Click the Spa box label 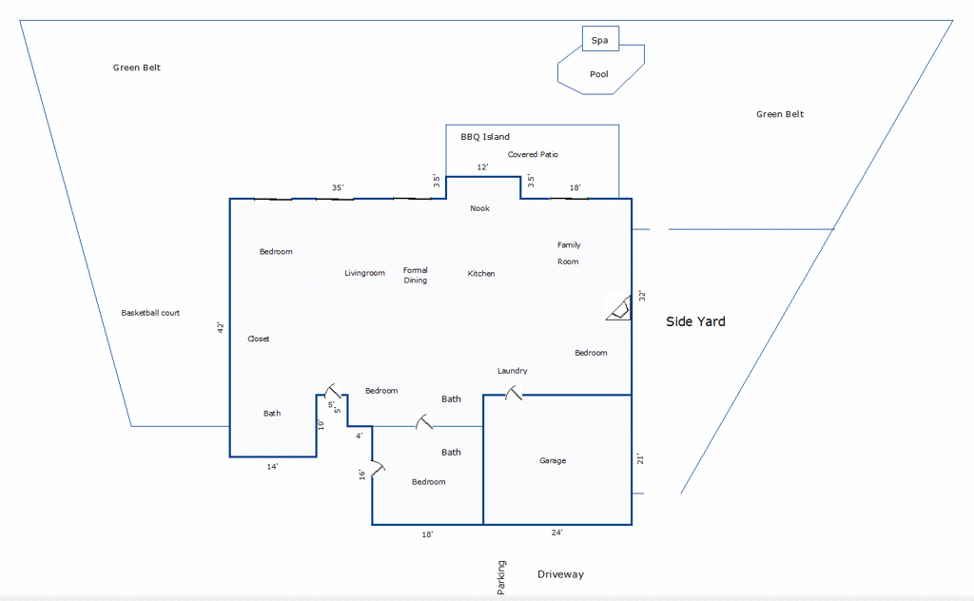599,40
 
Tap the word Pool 599,74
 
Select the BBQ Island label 485,137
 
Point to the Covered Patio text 533,154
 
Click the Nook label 479,208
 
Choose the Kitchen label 481,273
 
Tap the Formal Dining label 415,275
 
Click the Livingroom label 364,273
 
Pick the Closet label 259,339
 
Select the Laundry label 513,371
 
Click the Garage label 553,460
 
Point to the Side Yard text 695,321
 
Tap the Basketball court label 150,313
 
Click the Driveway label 561,574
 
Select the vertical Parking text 501,577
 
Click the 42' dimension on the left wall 220,327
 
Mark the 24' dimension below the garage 557,533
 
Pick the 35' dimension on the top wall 338,187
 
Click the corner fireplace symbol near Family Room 618,308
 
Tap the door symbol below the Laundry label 513,393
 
